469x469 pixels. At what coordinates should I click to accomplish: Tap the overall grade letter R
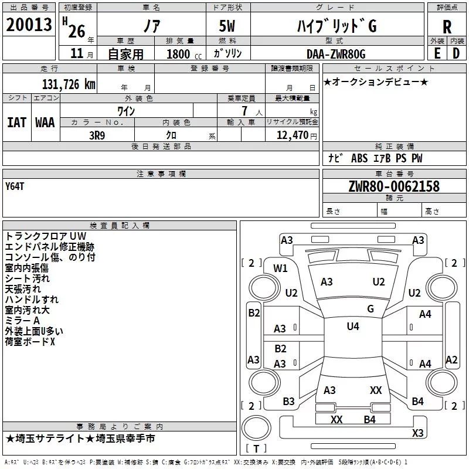click(x=447, y=26)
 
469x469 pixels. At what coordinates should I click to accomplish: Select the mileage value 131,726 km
click(x=69, y=84)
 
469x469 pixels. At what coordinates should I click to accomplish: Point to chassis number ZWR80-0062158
click(x=393, y=187)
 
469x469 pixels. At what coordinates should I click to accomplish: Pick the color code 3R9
click(x=98, y=135)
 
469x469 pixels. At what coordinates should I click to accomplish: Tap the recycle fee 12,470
click(x=291, y=135)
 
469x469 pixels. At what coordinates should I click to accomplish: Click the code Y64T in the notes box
click(x=15, y=186)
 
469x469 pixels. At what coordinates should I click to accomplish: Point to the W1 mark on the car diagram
click(x=281, y=269)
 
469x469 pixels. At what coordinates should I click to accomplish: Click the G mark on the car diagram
click(x=371, y=309)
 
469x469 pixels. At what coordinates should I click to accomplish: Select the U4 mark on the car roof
click(x=353, y=327)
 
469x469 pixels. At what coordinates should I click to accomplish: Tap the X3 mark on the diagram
click(x=418, y=433)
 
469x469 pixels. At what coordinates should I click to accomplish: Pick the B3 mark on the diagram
click(x=288, y=402)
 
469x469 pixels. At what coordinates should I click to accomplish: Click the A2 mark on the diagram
click(x=451, y=360)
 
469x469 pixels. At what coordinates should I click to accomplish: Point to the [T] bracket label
click(x=256, y=449)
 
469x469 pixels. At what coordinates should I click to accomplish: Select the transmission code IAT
click(x=16, y=122)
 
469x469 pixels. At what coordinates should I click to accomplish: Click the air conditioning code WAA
click(x=45, y=122)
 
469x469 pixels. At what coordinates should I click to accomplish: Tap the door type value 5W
click(x=228, y=26)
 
